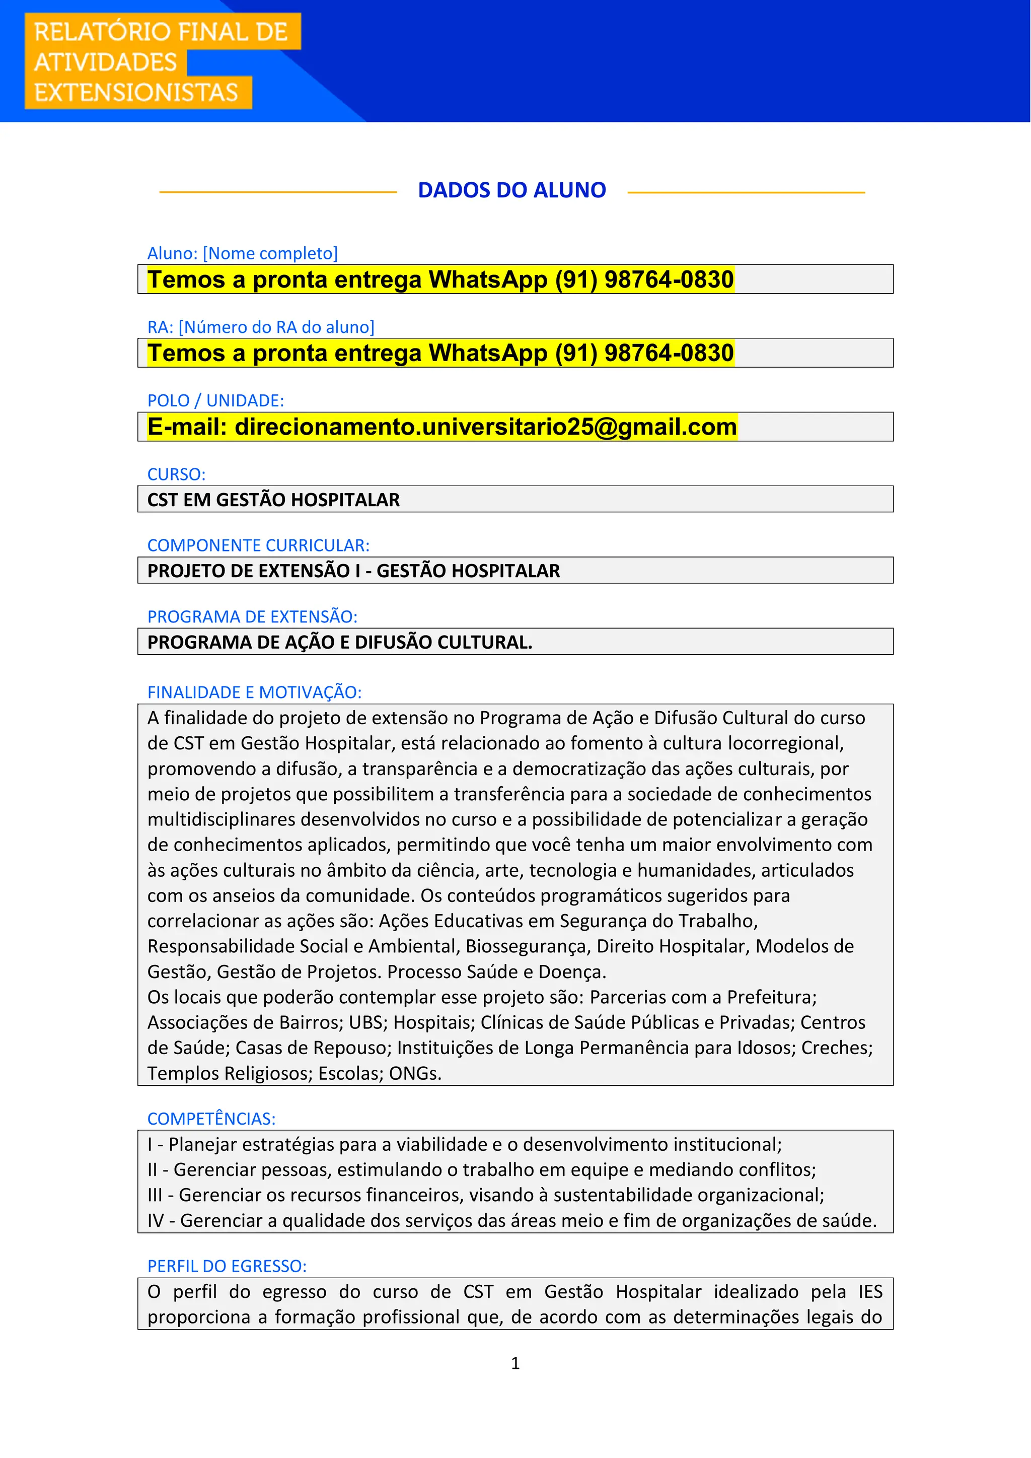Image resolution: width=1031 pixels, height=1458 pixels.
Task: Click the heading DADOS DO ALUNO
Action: point(511,190)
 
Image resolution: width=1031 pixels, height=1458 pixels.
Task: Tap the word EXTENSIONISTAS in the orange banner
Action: point(136,93)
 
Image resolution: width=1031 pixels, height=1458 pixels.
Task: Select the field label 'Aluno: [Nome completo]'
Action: point(243,253)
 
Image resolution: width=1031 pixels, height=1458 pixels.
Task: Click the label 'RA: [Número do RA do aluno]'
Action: point(261,327)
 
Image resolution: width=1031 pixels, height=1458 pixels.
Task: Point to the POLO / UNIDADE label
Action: point(216,401)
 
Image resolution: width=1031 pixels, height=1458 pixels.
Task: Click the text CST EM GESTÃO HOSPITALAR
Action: point(274,500)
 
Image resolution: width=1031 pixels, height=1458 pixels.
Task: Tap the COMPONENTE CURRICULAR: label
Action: point(258,545)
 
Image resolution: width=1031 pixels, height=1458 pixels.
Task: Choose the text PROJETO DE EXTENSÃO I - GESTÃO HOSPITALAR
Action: point(353,571)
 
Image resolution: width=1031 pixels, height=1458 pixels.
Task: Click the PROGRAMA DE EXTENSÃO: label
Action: point(253,616)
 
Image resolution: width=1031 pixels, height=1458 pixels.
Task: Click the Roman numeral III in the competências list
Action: point(155,1195)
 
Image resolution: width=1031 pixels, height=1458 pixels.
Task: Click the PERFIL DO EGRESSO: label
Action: point(227,1266)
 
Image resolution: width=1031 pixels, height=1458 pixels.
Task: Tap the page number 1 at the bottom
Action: point(515,1363)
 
